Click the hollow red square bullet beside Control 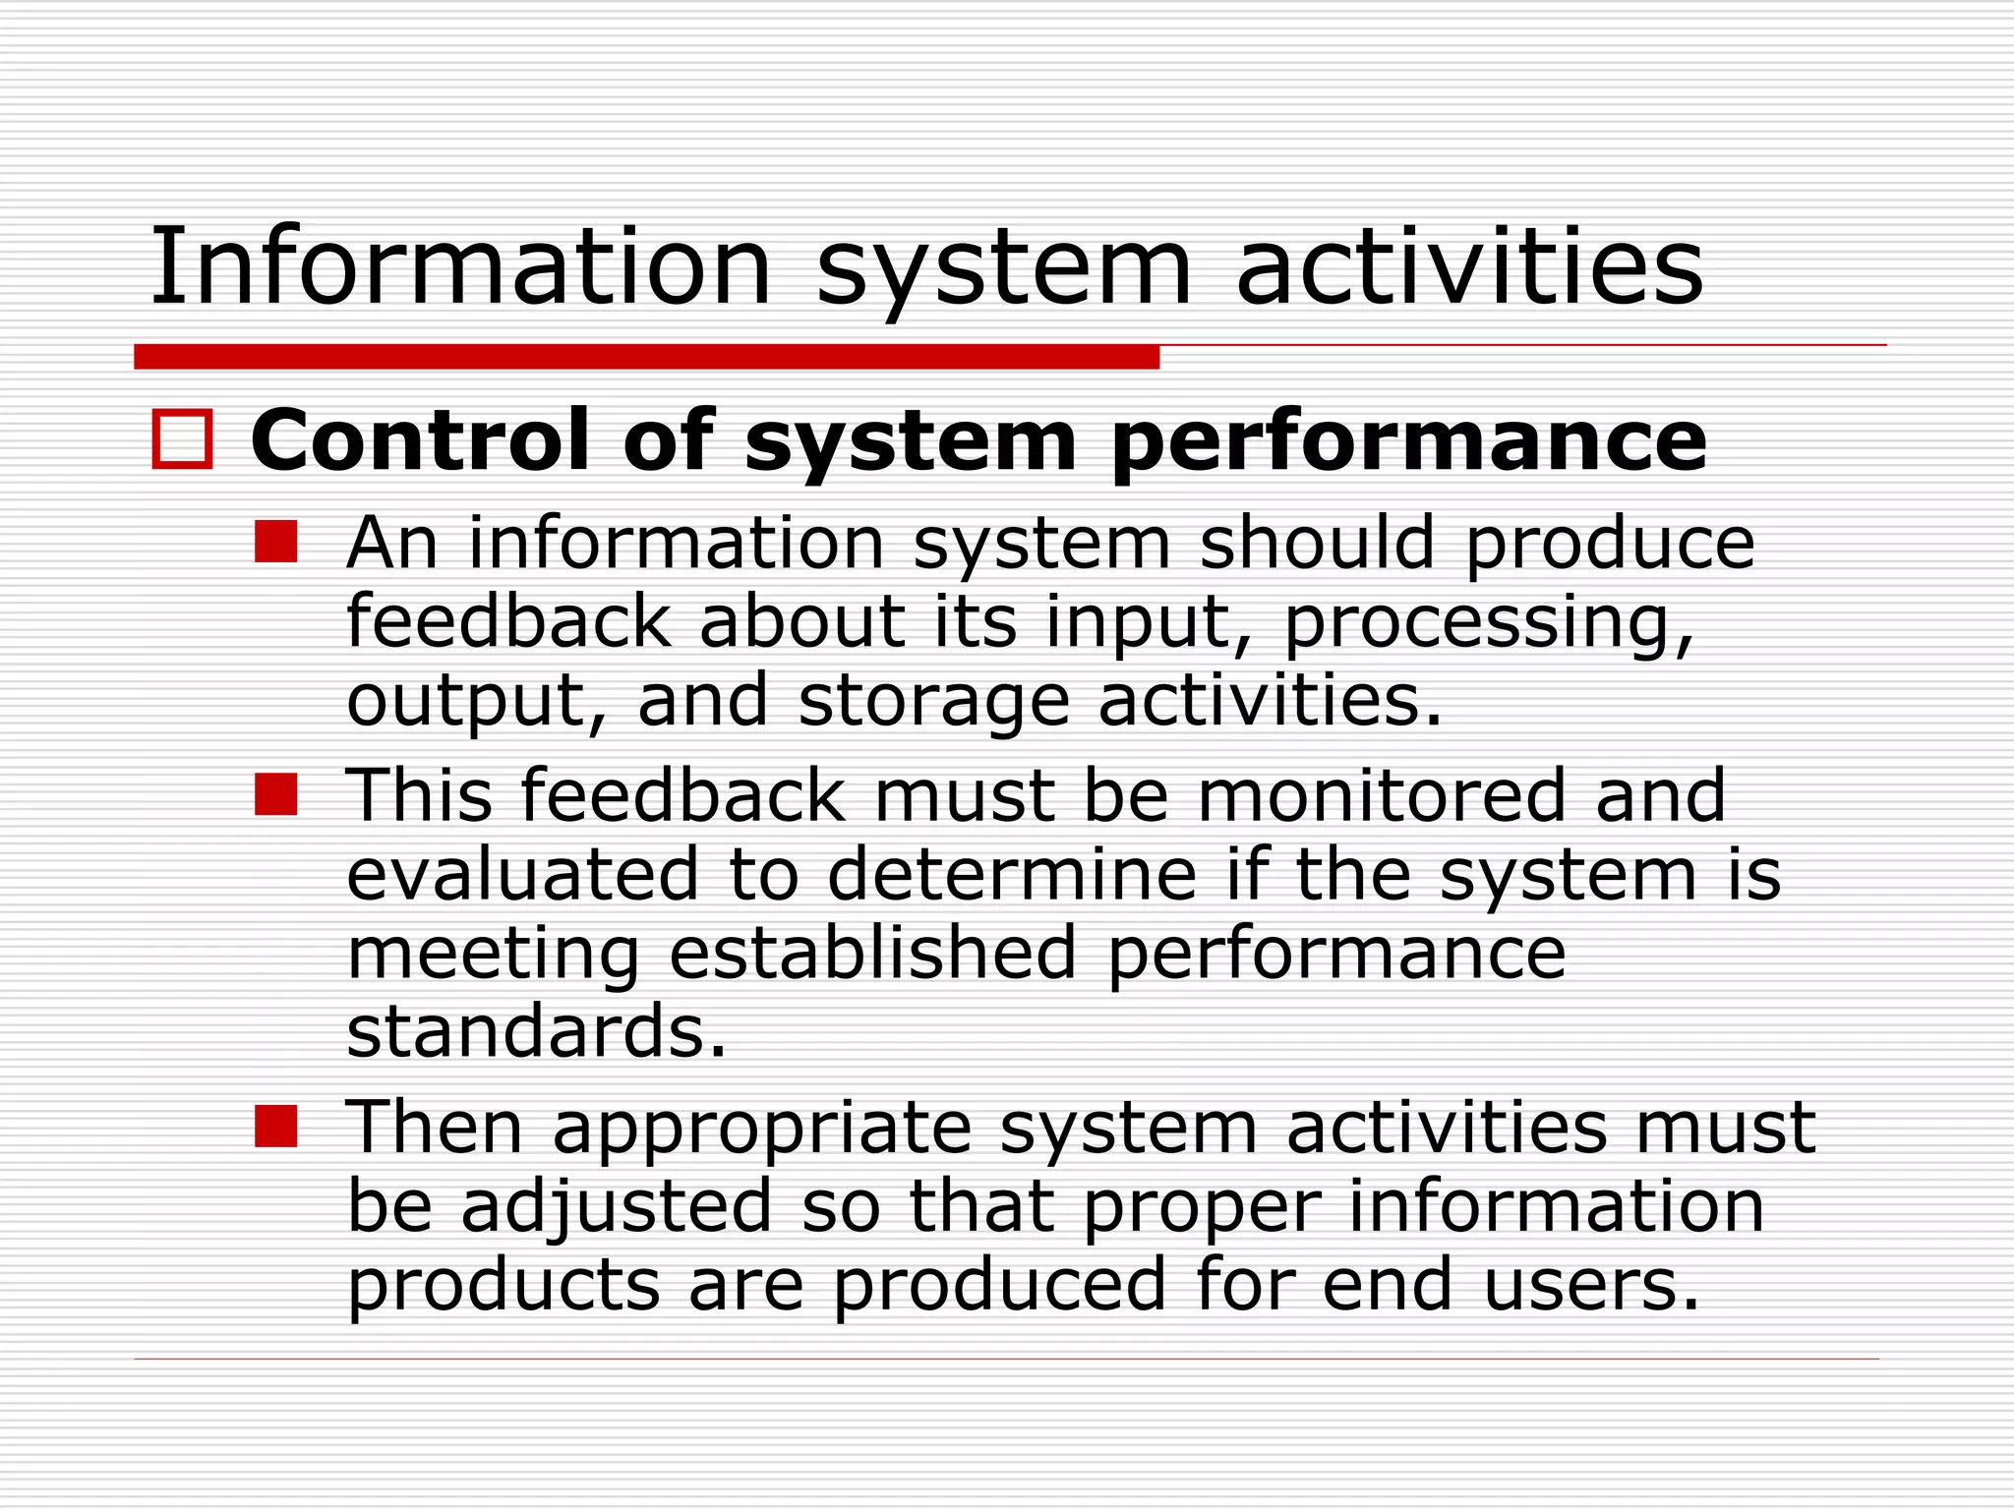(x=182, y=439)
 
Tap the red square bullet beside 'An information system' (x=275, y=542)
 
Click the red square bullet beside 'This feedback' (x=275, y=794)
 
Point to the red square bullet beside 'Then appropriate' (x=275, y=1127)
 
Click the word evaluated (x=522, y=874)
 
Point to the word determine (x=1012, y=874)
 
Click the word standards (x=537, y=1032)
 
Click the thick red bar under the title (x=646, y=357)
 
